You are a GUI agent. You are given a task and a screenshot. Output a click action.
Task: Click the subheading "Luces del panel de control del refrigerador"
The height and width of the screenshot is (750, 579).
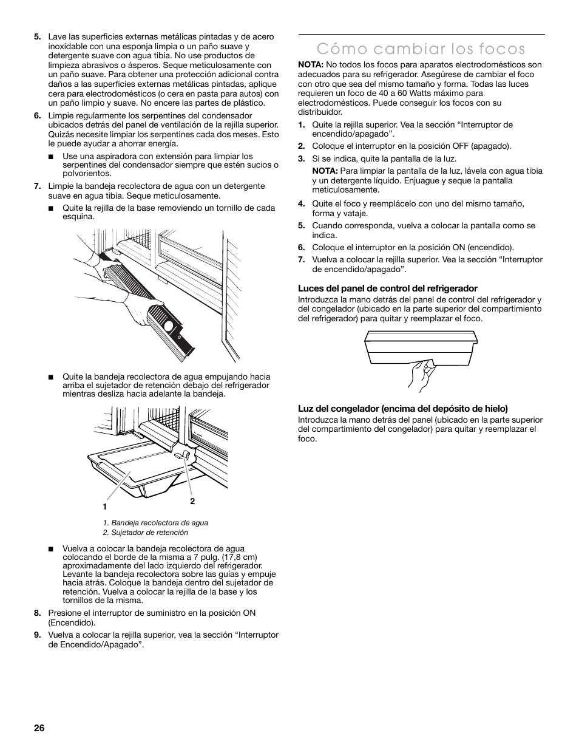(x=387, y=288)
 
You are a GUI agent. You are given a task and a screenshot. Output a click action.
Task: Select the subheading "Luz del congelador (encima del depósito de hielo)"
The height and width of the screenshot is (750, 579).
(x=402, y=409)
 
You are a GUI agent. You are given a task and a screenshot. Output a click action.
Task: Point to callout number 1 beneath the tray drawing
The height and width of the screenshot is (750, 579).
(x=105, y=506)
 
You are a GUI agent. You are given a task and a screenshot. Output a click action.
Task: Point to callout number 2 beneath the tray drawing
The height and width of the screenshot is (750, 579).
(x=192, y=501)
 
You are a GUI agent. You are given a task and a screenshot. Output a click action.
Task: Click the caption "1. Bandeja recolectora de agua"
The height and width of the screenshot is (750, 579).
(x=155, y=522)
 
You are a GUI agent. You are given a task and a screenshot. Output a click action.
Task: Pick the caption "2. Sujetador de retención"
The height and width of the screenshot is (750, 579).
(x=146, y=533)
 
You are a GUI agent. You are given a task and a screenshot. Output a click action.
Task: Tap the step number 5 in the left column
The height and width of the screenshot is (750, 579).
(x=38, y=37)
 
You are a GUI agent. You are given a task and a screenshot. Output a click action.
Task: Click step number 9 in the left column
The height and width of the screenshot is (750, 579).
(x=38, y=635)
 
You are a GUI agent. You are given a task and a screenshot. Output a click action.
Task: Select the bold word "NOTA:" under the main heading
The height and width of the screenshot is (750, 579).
(x=310, y=65)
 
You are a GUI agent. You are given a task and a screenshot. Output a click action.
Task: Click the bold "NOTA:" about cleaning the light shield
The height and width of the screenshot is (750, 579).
(x=325, y=171)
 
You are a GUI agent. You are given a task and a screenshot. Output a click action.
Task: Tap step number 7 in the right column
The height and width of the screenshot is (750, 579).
(x=301, y=260)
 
